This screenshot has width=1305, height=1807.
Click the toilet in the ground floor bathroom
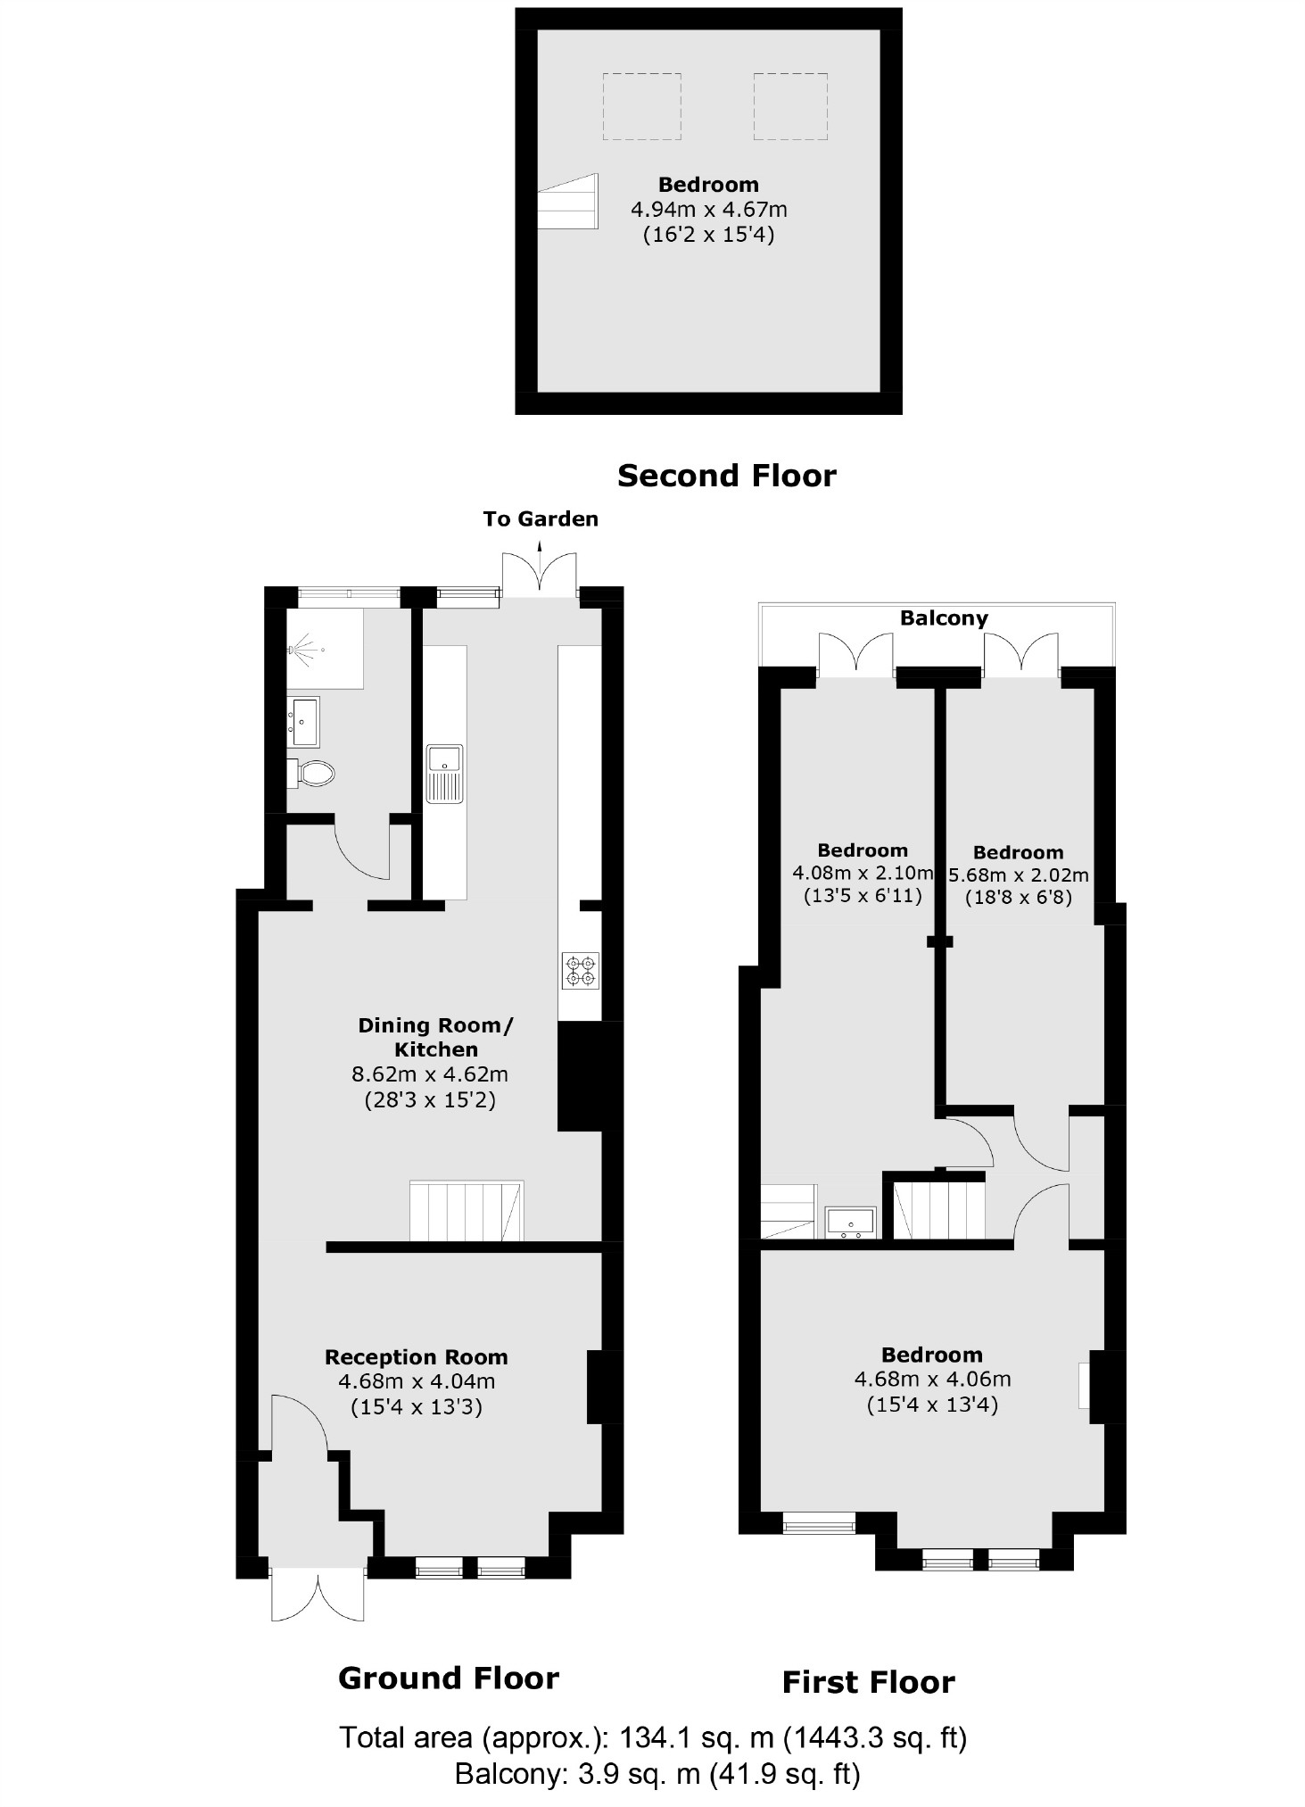click(x=314, y=773)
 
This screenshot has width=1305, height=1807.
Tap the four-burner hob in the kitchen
click(x=580, y=972)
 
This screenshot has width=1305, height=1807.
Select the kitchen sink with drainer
click(x=444, y=773)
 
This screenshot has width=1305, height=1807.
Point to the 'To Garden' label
click(x=541, y=518)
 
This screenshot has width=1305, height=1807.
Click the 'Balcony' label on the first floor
click(x=944, y=618)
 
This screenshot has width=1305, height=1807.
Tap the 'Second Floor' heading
click(x=726, y=476)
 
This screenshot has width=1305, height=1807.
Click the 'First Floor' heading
click(x=868, y=1683)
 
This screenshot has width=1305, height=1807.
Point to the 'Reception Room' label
click(x=416, y=1357)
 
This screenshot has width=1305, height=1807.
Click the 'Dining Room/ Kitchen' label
click(x=435, y=1037)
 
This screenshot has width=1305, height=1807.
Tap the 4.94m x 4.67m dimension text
click(x=708, y=210)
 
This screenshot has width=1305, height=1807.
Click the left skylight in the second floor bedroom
click(x=641, y=107)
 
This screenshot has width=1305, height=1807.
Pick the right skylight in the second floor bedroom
click(x=791, y=107)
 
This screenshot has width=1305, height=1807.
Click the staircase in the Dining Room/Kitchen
click(x=466, y=1211)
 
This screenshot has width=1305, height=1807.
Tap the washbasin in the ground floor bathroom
click(x=303, y=721)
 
